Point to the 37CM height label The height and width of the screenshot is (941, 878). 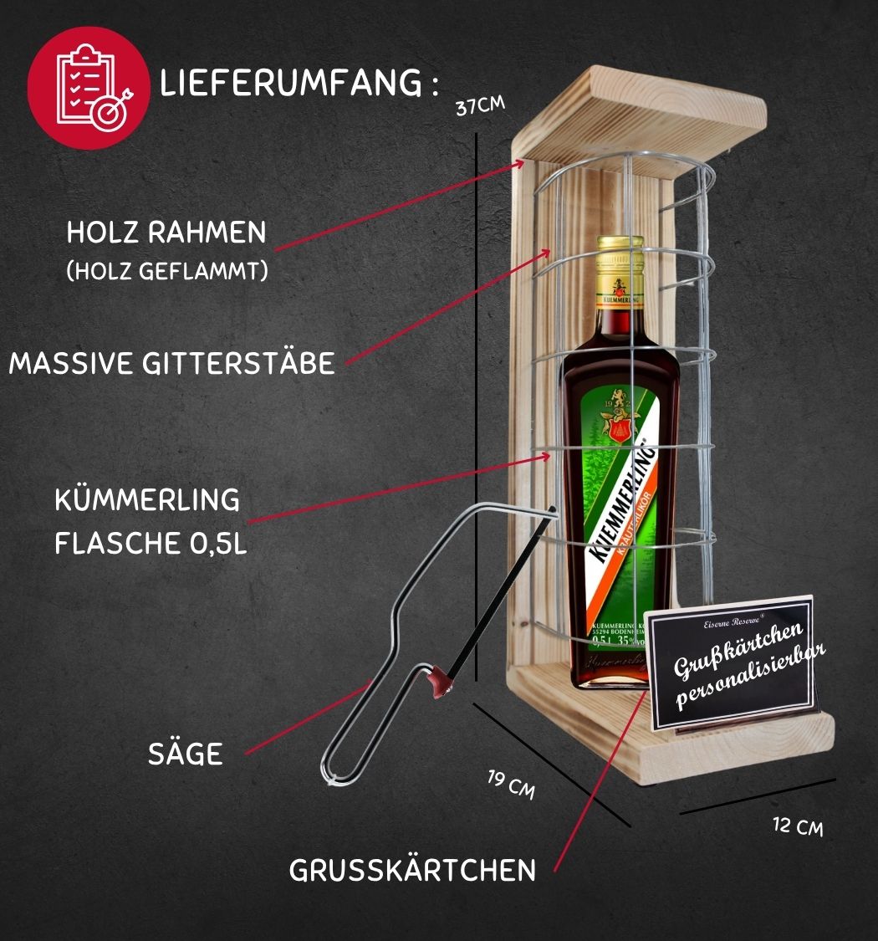pyautogui.click(x=480, y=107)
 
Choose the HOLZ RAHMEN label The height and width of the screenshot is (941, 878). pyautogui.click(x=166, y=233)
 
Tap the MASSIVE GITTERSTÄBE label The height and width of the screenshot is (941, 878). pyautogui.click(x=171, y=363)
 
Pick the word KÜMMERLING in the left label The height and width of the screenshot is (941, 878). pyautogui.click(x=147, y=500)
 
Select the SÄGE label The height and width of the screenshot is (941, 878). pyautogui.click(x=186, y=754)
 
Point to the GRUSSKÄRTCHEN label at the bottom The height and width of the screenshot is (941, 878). pyautogui.click(x=412, y=870)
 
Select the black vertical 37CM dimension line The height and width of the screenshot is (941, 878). pyautogui.click(x=476, y=401)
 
